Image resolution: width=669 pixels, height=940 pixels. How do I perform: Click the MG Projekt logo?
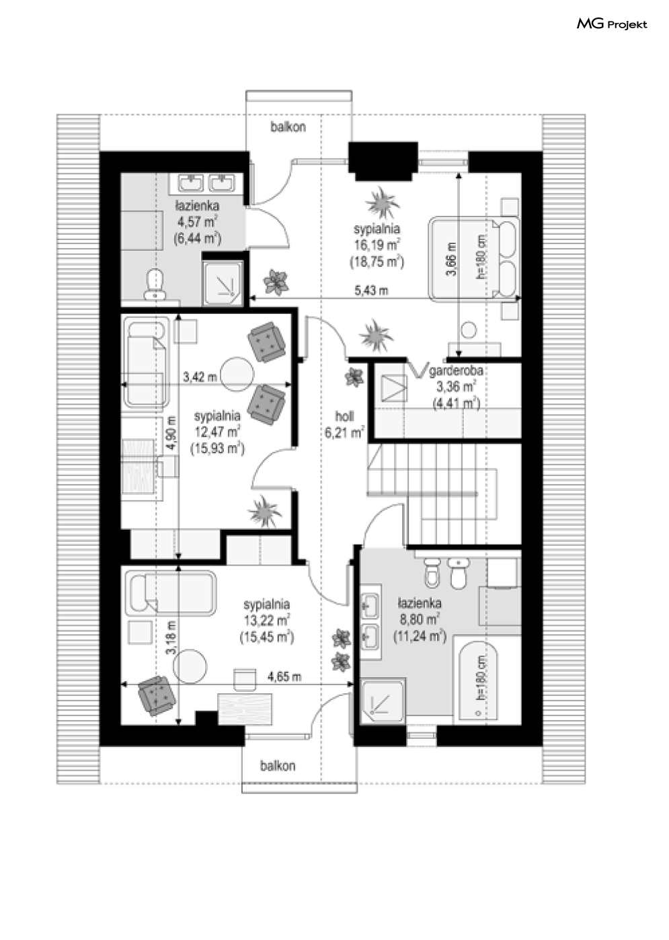(x=612, y=24)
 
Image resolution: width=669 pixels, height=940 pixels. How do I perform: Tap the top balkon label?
(x=288, y=126)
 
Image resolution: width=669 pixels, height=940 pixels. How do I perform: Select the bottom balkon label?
(x=278, y=766)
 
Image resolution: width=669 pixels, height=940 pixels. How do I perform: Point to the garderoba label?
(x=456, y=371)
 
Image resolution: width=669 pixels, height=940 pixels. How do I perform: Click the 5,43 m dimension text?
(x=371, y=290)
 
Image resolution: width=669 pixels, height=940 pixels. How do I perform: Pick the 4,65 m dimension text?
(x=284, y=676)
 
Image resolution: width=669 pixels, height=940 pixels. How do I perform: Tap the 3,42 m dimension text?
(x=200, y=377)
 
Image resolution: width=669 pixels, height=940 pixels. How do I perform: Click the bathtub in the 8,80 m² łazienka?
(x=478, y=683)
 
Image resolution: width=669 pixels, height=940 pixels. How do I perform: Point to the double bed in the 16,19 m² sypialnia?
(x=473, y=258)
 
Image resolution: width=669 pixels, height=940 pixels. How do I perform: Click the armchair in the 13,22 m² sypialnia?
(x=157, y=695)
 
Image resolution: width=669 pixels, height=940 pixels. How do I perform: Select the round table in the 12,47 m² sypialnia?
(x=237, y=374)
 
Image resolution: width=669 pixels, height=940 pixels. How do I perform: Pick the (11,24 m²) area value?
(x=420, y=636)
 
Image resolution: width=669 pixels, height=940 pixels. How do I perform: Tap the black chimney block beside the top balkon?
(x=383, y=161)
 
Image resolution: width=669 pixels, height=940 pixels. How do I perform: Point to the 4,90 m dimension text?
(x=171, y=434)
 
